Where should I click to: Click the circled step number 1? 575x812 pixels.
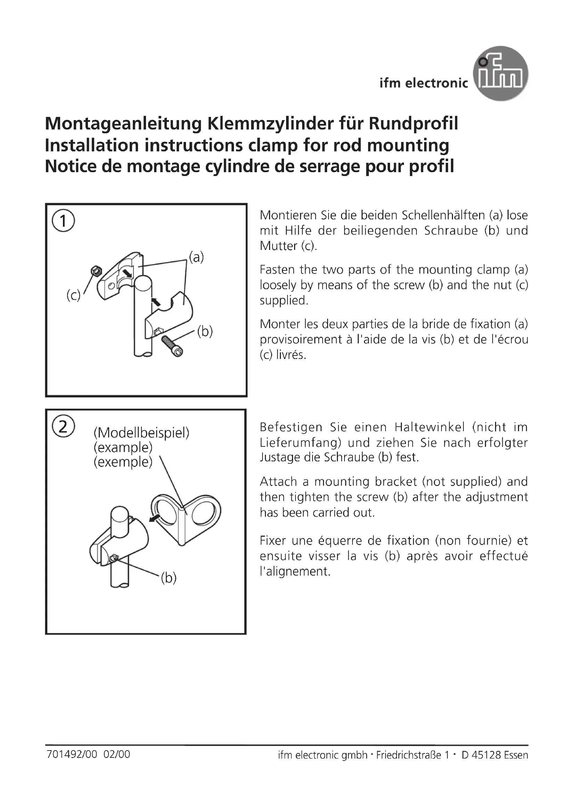[63, 221]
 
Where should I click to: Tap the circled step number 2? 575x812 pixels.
[63, 427]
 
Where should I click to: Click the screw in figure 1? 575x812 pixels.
[172, 345]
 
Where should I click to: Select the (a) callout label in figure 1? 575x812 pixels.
[196, 257]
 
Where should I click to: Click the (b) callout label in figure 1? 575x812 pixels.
[205, 332]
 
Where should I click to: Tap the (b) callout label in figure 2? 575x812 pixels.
[169, 578]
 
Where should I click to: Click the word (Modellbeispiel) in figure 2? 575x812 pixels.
[141, 433]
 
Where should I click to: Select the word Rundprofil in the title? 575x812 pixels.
[413, 124]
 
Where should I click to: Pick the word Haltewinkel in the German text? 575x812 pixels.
[429, 427]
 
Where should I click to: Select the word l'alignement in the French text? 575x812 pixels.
[295, 571]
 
